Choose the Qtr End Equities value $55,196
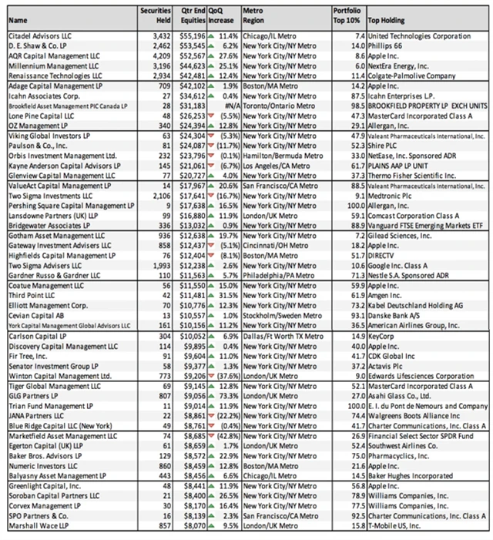189,36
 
